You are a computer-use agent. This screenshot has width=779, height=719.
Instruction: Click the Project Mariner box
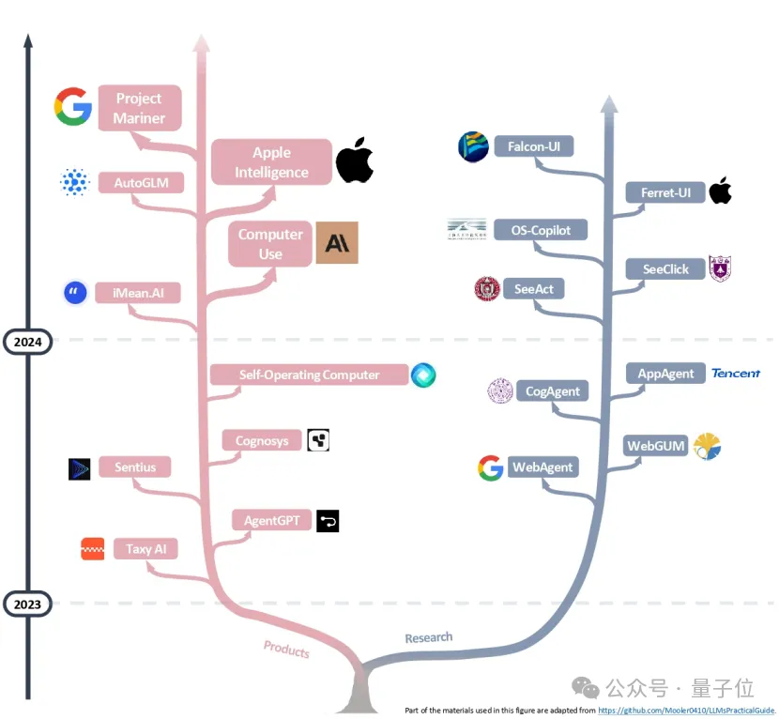coord(139,108)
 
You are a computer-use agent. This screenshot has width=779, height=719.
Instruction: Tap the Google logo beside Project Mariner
coord(72,107)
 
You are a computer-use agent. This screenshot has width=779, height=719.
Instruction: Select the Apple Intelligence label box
coord(271,162)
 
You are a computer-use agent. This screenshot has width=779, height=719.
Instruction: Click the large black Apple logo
coord(355,161)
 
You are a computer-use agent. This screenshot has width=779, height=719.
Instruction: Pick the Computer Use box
coord(270,243)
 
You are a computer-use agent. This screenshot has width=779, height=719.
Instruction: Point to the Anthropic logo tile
coord(336,243)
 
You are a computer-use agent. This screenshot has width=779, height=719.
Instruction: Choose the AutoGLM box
coord(141,182)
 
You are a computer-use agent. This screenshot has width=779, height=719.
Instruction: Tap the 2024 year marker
coord(27,343)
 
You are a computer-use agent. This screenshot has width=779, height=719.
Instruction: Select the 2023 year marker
coord(27,604)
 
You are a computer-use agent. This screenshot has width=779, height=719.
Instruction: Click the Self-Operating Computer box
coord(309,375)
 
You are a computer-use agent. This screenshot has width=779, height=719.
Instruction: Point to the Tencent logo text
coord(736,374)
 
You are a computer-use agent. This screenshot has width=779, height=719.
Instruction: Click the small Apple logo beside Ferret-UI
coord(720,191)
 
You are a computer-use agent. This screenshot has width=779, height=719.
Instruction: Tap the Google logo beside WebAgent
coord(490,467)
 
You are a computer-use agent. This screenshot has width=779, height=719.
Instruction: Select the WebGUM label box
coord(656,445)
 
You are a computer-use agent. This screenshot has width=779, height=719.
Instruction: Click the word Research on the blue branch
coord(428,638)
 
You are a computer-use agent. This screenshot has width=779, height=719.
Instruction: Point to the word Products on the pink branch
coord(286,649)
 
